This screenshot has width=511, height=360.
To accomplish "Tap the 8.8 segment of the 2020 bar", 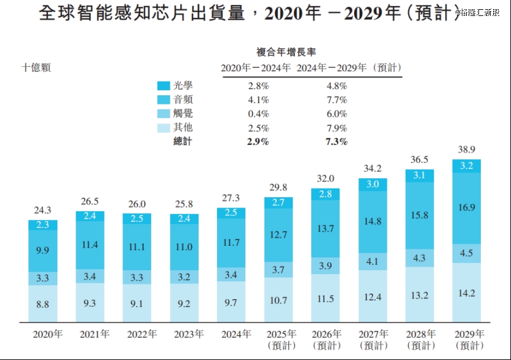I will pos(42,303).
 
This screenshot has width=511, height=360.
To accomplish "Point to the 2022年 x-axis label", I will pos(142,335).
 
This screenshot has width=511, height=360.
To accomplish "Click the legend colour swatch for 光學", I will pos(164,86).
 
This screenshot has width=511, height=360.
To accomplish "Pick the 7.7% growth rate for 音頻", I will pos(335,100).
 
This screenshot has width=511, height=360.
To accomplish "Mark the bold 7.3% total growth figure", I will pos(335,142).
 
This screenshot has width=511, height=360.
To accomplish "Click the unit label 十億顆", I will pos(37,68).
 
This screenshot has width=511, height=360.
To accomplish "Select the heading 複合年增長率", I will pos(287,52).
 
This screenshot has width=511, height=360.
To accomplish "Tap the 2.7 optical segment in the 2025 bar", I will pos(278,203).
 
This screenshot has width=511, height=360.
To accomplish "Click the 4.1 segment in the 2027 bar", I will pos(373,261).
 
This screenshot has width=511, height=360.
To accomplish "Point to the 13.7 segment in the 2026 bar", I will pos(325,229).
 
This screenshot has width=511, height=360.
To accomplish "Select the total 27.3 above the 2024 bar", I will pos(231,198).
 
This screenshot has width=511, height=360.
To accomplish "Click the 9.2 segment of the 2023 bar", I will pos(183,302).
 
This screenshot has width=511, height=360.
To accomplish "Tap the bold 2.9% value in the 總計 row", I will pos(258,142).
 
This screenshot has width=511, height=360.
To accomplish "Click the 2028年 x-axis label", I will pos(420,335).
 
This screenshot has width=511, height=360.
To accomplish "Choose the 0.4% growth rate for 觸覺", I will pos(258,114).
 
